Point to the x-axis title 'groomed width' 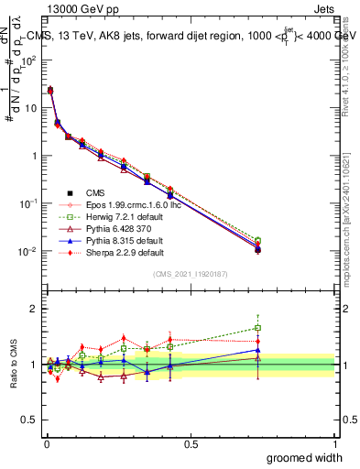click(304, 457)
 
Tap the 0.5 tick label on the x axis click(191, 443)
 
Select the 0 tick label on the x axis click(46, 443)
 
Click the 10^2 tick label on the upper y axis click(27, 60)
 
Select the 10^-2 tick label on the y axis click(27, 251)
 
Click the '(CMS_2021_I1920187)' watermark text click(190, 274)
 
